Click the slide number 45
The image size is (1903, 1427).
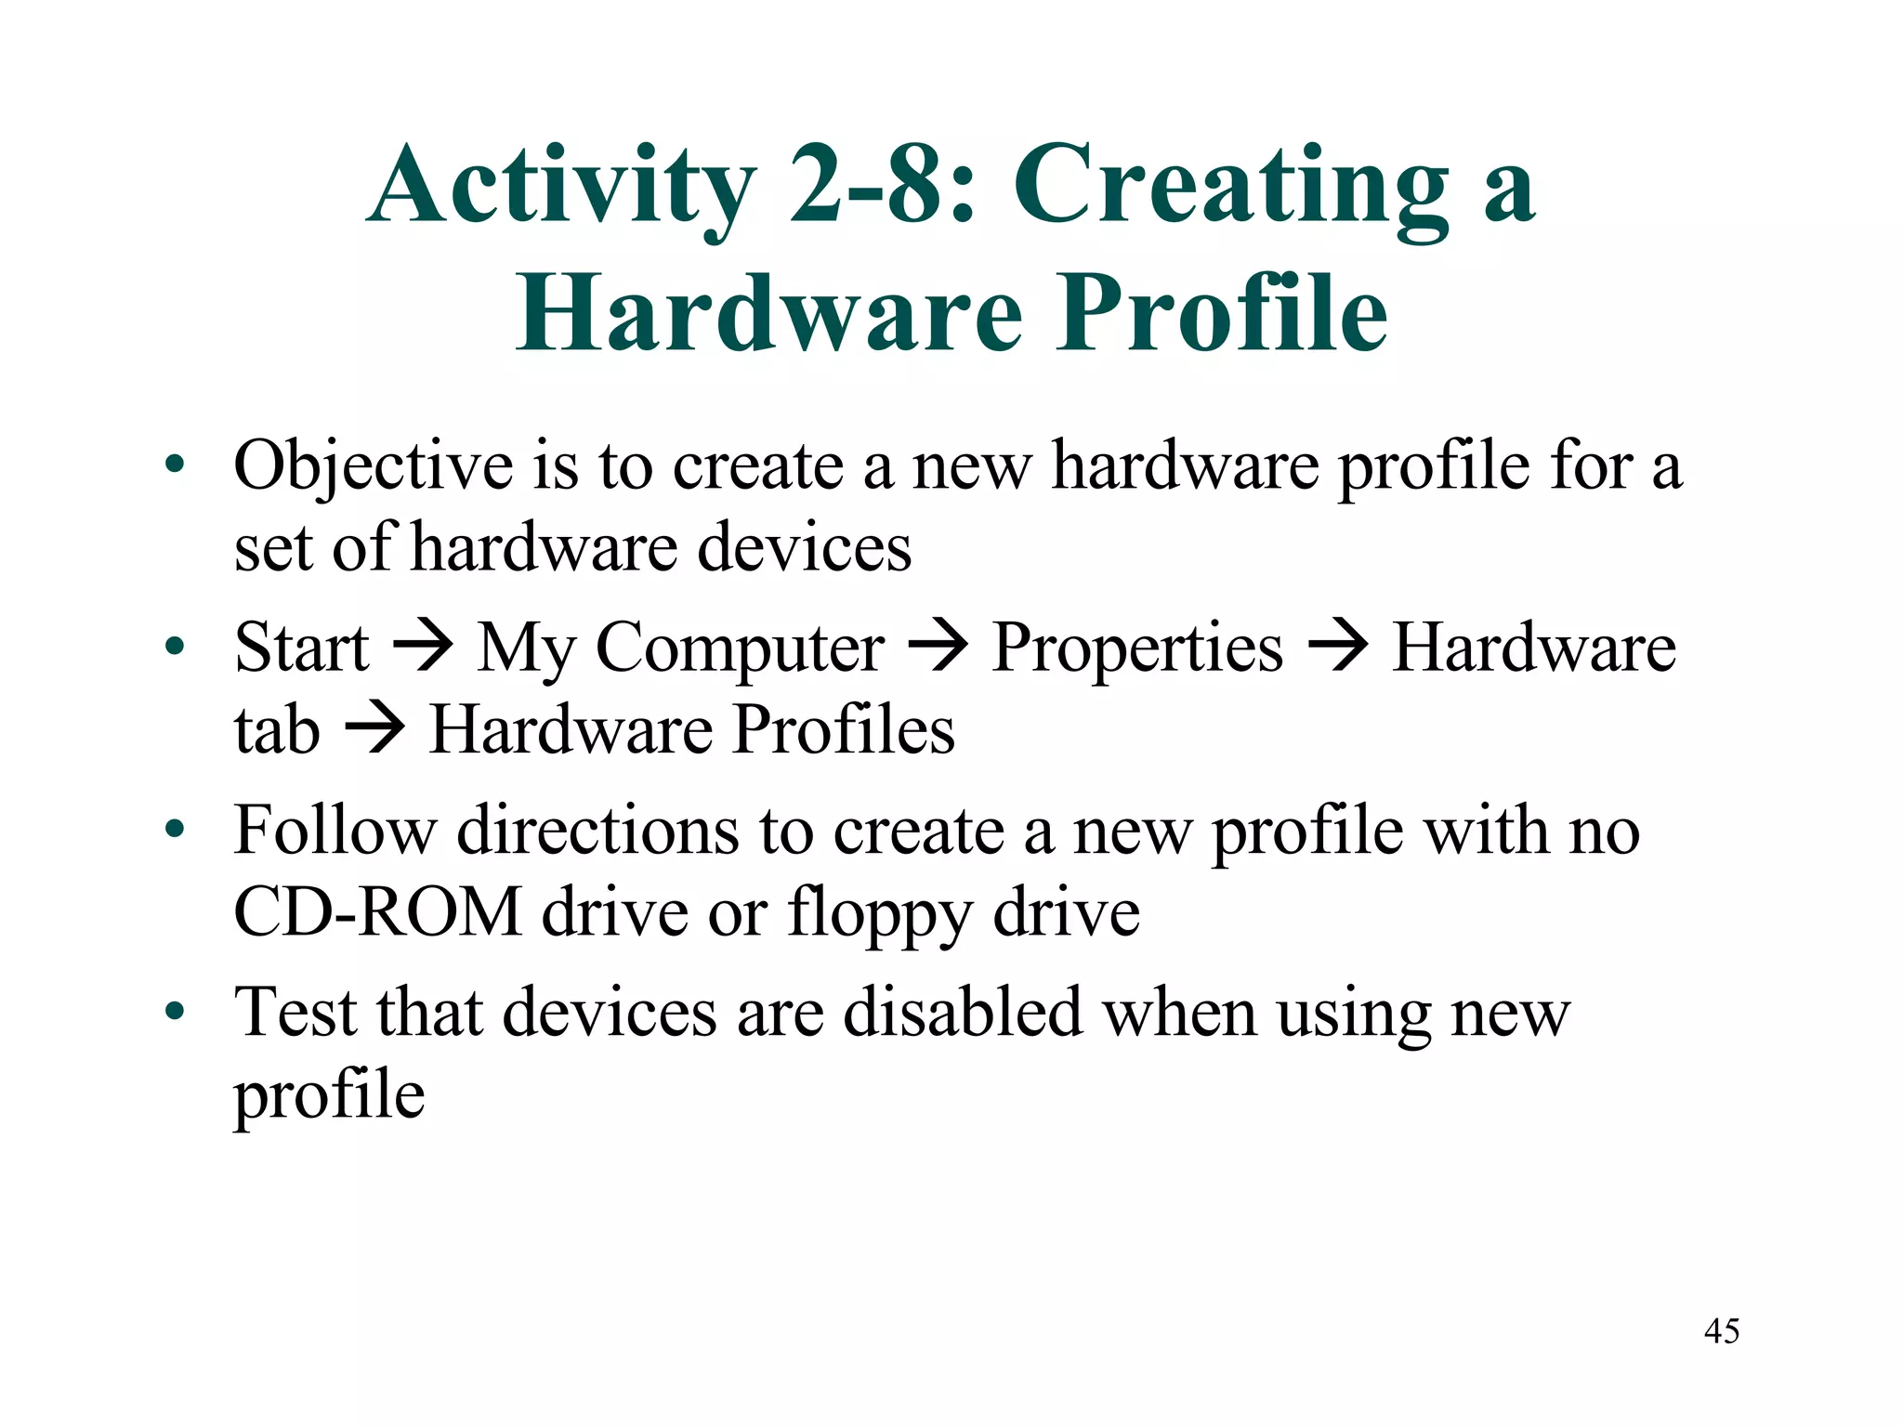(1721, 1331)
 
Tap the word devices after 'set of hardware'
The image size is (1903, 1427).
(805, 547)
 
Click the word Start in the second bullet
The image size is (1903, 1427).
(302, 648)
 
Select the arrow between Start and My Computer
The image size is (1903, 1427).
(423, 645)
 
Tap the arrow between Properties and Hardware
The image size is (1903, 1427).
(1337, 645)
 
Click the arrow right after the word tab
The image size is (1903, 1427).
(374, 727)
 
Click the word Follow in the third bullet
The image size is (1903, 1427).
(335, 829)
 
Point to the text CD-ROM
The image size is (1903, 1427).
(377, 911)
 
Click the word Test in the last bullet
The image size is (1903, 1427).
(295, 1012)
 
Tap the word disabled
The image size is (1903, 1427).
(963, 1012)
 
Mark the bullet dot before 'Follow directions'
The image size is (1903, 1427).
(175, 829)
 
